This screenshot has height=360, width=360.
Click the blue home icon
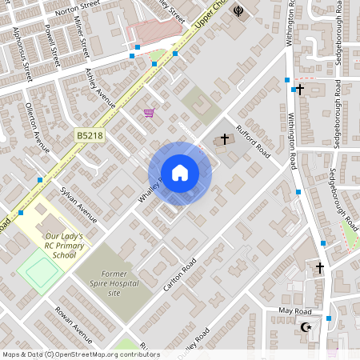coord(180,173)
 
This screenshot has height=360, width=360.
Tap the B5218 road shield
coord(90,137)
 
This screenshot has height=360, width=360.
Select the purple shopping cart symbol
coord(149,113)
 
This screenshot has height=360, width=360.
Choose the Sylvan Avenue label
coord(78,204)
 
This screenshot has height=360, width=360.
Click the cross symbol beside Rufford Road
coord(224,139)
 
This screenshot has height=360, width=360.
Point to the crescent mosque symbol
coord(303,327)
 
